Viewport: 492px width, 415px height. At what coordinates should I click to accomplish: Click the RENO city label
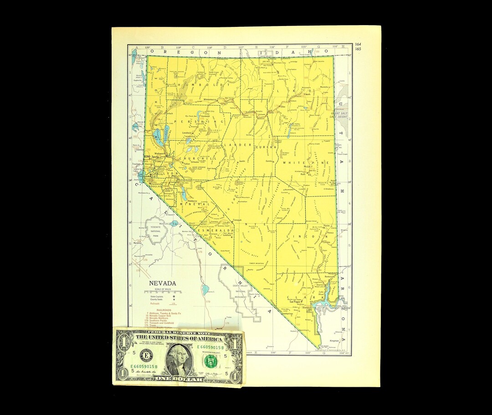[x=147, y=157]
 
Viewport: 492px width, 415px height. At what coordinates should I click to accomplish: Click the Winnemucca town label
[x=210, y=99]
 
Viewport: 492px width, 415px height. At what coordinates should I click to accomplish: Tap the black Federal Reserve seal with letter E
[x=147, y=355]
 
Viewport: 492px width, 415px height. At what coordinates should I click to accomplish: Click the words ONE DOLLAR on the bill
[x=178, y=379]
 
